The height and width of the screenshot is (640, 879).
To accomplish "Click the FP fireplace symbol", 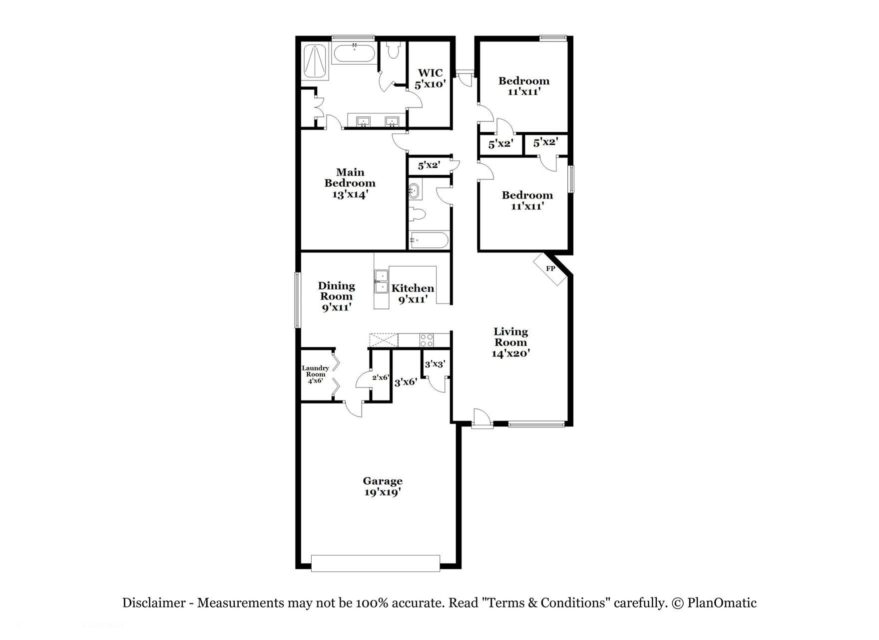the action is tap(551, 269).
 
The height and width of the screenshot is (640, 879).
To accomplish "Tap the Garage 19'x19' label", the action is tap(383, 486).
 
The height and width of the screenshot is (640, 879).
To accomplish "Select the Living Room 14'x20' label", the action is tap(510, 342).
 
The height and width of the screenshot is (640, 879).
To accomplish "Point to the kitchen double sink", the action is tap(381, 281).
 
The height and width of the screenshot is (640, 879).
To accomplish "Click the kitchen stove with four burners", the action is tap(427, 339).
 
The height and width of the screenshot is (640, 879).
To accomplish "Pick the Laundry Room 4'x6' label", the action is tap(315, 374).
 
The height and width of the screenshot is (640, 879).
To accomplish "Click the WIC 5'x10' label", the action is tap(430, 78).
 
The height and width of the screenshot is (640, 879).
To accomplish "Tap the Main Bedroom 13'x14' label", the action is tap(350, 183).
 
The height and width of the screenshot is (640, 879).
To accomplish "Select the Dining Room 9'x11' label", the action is tap(336, 296).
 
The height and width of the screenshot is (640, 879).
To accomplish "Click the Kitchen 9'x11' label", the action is tap(413, 293).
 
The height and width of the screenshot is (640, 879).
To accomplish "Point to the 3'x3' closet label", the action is tap(435, 364).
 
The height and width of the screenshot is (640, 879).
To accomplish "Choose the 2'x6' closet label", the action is tap(380, 377).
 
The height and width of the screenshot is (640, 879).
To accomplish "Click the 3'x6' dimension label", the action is tap(406, 382).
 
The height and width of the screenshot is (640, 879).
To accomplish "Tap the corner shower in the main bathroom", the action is tap(315, 62).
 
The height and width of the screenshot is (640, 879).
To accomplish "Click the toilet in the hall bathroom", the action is tap(417, 214).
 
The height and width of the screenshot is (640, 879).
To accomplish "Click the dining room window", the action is tap(297, 299).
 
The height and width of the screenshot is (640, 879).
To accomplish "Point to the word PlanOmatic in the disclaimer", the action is tap(722, 603).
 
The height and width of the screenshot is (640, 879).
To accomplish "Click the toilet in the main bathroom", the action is tap(394, 50).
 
